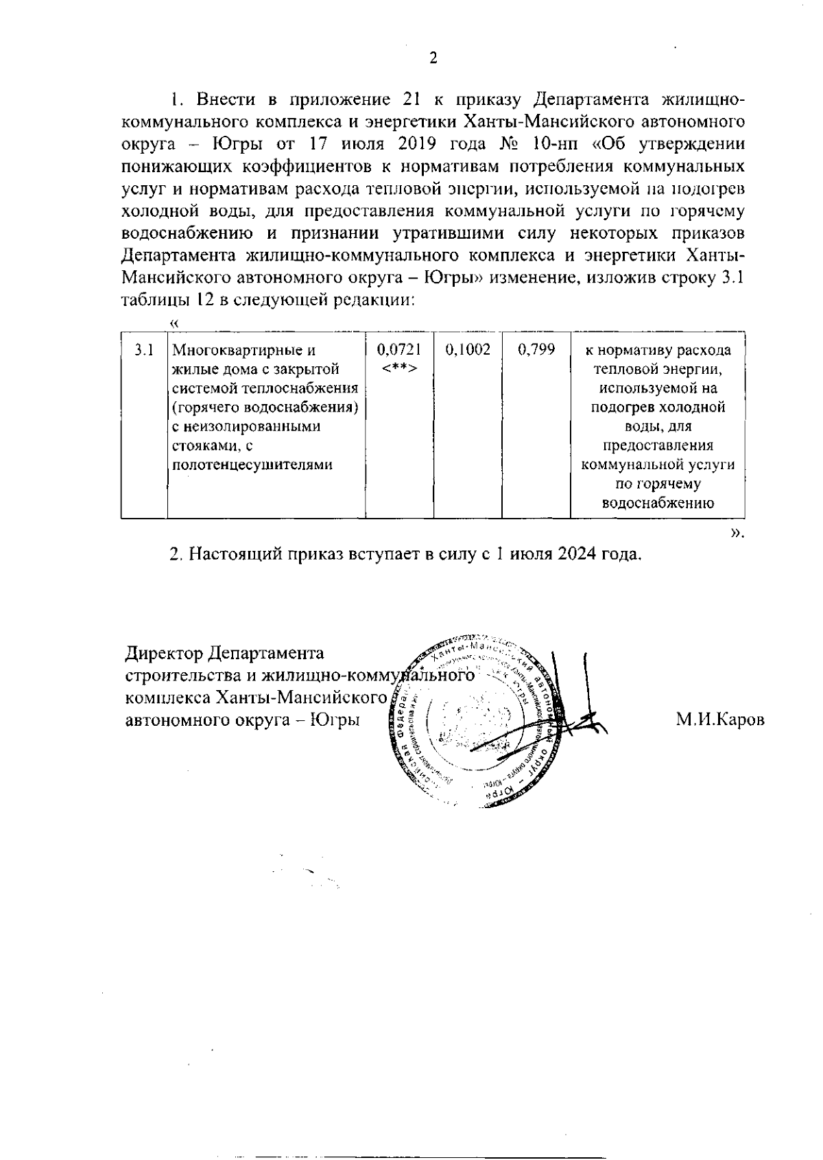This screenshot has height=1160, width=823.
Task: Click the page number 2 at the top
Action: (433, 58)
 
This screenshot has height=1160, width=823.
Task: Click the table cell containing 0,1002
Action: (468, 351)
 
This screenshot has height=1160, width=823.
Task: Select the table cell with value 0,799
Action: (536, 351)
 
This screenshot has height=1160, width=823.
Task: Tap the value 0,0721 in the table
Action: (398, 351)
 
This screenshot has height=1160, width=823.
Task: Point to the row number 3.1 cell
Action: (143, 351)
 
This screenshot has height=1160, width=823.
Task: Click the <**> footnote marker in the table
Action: (398, 369)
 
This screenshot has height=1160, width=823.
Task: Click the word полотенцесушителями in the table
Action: (252, 465)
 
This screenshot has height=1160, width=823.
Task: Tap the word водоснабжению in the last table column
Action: (658, 504)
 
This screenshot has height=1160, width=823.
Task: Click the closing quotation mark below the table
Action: (736, 532)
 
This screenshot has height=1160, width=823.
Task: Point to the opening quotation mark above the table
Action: (174, 322)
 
